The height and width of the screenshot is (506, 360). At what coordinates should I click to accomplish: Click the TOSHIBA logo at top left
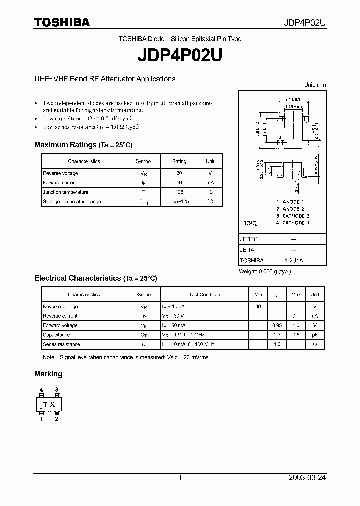pos(62,22)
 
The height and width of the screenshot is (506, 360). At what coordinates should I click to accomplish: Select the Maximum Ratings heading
pos(83,145)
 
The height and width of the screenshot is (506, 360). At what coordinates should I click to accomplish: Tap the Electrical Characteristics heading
pos(95,278)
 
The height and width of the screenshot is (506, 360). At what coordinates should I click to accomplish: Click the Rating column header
pos(179,161)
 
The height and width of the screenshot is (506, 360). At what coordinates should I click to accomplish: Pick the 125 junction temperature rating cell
pos(179,192)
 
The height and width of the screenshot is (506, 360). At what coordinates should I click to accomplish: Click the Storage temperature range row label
pos(72,202)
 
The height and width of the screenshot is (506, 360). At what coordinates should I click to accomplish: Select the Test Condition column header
pos(204,295)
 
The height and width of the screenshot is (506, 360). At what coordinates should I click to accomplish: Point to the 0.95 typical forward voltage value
pos(277,325)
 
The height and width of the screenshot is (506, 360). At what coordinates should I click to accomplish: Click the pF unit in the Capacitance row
pos(315,335)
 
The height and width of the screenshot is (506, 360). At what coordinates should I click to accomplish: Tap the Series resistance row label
pos(61,344)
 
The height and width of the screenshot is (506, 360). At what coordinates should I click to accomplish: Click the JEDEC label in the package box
pos(249,239)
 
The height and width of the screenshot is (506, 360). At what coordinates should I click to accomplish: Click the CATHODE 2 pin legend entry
pos(293,216)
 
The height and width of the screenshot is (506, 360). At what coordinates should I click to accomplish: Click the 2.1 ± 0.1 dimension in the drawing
pos(292,100)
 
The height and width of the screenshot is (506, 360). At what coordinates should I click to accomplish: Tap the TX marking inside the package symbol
pos(49,404)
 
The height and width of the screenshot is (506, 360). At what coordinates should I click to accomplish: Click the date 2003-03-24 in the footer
pos(307,478)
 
